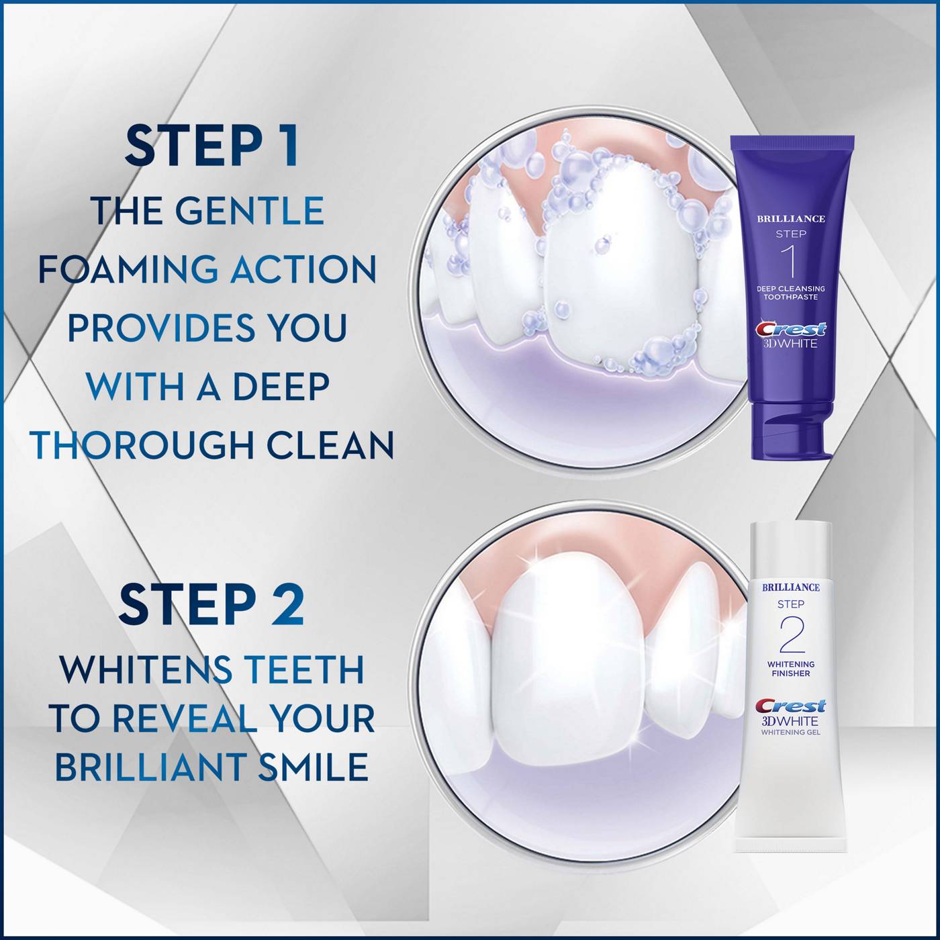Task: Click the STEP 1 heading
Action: (211, 146)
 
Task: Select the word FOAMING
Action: (128, 269)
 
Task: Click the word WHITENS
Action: (146, 669)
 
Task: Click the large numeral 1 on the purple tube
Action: (791, 262)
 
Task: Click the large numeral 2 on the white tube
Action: (791, 634)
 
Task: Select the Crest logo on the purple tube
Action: (791, 329)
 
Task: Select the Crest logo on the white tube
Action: (790, 706)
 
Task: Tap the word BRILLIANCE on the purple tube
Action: (791, 218)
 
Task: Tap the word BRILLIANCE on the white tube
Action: (791, 587)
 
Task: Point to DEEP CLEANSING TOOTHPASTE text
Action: (791, 293)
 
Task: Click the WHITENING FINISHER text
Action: (791, 669)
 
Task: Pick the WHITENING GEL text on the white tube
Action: (791, 733)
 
